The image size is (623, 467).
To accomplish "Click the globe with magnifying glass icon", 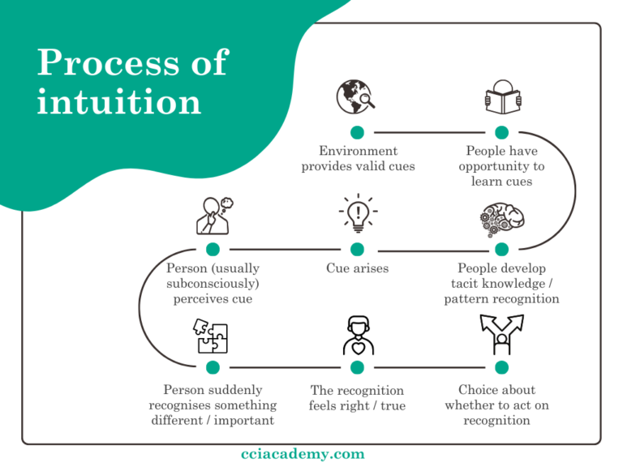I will point(356,97).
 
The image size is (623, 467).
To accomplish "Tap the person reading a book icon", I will point(501,97).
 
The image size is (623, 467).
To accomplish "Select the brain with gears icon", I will point(501,218).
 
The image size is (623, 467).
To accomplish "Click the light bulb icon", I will point(357,215).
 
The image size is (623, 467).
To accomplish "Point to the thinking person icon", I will point(213,216).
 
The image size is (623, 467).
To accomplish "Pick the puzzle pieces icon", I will point(212,336).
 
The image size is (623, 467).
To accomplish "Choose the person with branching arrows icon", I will point(501,335).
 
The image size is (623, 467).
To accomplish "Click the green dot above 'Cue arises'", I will point(357,250).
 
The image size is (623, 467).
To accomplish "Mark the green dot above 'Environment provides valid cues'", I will point(357,132).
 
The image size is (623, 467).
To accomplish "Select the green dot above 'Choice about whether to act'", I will point(501,366).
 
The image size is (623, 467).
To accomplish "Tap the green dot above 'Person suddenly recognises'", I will point(213,366).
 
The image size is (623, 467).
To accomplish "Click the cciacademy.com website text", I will point(303,454).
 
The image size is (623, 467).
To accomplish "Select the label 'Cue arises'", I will point(357,268).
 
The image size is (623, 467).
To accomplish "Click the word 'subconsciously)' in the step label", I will point(213,284).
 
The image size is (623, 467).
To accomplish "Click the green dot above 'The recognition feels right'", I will point(357,366).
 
